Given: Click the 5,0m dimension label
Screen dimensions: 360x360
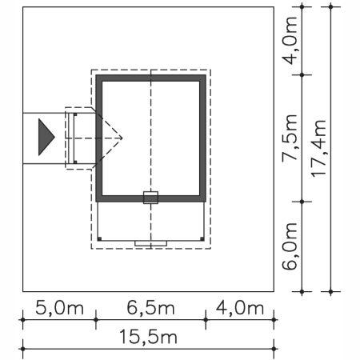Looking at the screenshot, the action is click(59, 307).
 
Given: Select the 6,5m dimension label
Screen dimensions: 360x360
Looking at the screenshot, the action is click(150, 307).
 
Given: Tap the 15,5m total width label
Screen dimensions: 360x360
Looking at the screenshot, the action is click(148, 337).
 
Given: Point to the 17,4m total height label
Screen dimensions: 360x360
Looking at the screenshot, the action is click(319, 148).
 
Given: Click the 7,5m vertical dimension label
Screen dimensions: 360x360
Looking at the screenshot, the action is click(290, 138).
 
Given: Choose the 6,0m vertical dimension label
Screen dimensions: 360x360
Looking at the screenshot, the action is click(290, 246).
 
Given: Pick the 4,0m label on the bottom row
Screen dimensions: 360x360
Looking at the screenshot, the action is click(240, 307).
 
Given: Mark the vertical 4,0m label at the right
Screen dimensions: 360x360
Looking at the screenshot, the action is click(290, 41).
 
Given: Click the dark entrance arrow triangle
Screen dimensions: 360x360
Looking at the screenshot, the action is click(46, 137).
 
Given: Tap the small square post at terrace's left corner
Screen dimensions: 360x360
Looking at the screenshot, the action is click(99, 238).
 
